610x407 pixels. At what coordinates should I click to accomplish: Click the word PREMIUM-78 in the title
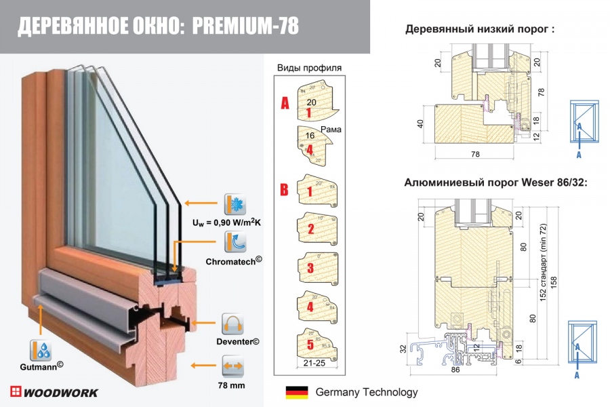click(x=245, y=26)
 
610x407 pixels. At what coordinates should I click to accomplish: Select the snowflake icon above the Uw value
click(x=235, y=204)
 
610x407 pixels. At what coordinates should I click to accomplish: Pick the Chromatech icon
click(x=235, y=242)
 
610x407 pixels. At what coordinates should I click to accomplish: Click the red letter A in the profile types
click(x=285, y=104)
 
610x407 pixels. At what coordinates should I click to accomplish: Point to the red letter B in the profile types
click(x=285, y=189)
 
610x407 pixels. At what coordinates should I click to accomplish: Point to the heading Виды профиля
click(x=310, y=67)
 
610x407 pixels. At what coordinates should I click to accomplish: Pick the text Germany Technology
click(x=367, y=392)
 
